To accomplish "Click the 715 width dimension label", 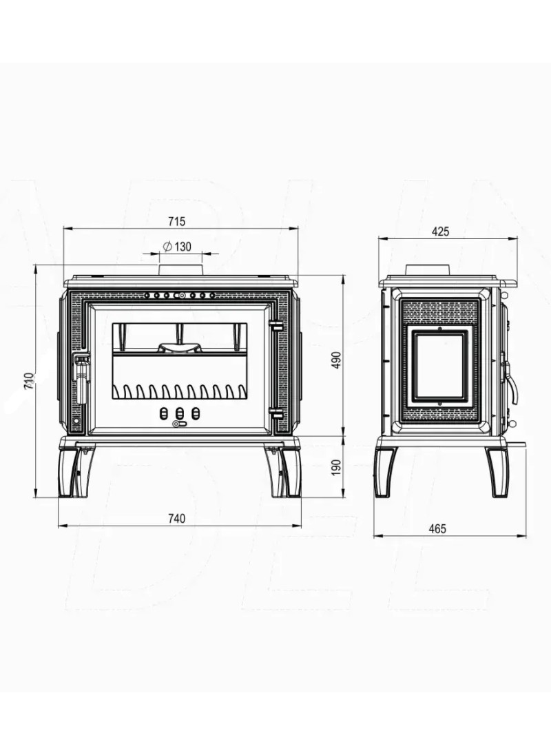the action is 176,222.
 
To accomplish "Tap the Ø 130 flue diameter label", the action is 177,247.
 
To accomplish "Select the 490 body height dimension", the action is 337,360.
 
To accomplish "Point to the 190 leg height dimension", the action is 337,467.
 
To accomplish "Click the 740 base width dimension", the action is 176,519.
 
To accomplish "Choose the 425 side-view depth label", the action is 440,231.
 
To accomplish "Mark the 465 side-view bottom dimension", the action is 437,528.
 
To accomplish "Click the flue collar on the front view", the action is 180,270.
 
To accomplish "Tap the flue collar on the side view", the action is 428,270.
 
